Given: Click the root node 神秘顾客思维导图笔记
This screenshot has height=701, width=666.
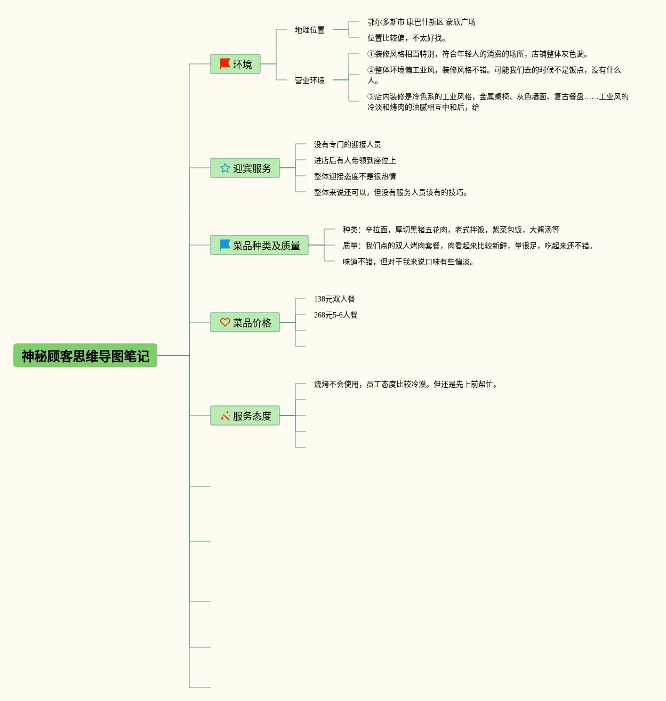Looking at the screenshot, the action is pos(85,356).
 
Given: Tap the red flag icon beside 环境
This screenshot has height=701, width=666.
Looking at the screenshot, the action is pos(225,64).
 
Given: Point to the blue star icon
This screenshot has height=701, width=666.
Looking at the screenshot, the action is pos(225,168).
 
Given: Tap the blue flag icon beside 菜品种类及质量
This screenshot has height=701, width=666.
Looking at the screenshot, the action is pos(225,244).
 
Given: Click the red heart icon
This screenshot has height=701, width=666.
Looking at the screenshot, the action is pos(225,322).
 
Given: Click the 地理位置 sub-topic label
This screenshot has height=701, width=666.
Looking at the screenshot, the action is pos(310,30).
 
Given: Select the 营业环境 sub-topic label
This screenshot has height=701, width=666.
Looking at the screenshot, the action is pos(310,80).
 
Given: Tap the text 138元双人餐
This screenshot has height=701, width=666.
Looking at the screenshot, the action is pos(334,299).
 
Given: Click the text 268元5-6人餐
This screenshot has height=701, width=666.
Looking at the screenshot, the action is pos(336,315).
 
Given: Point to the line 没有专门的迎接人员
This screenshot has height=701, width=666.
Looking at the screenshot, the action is pos(347,144).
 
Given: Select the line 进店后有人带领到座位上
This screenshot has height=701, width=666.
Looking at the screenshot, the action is pos(355,160).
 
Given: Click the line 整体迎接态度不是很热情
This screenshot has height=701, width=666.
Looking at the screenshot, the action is pos(355,176).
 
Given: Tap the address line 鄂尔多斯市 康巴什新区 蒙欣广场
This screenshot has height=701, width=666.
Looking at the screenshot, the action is pos(421,22).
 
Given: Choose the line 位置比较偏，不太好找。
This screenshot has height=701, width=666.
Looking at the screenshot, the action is pos(407,38).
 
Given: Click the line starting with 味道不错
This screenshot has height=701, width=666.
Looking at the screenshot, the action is pos(408,262).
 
